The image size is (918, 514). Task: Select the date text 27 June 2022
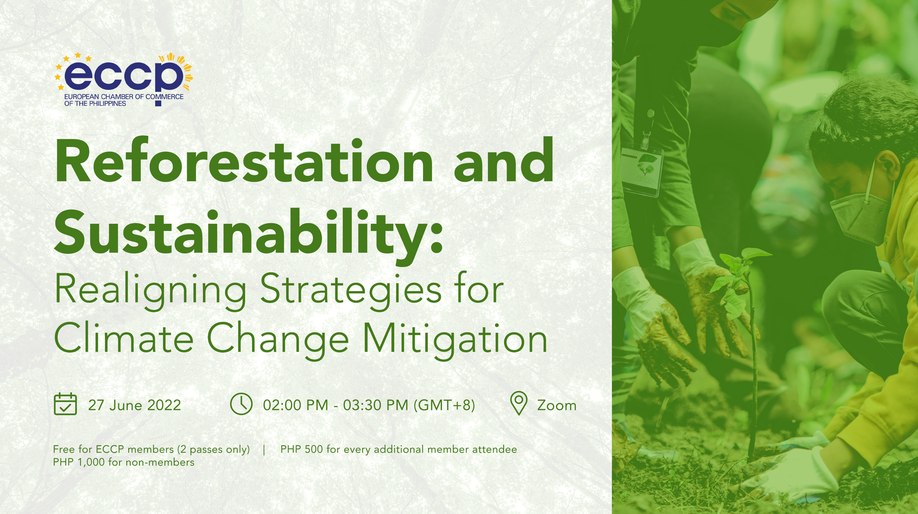point(134,405)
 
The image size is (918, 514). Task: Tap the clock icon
point(241,404)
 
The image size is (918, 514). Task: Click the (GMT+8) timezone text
point(444,405)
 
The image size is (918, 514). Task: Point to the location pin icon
point(519,403)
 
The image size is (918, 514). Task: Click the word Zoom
point(557,406)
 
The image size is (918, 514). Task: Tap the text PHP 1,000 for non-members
point(123,462)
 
